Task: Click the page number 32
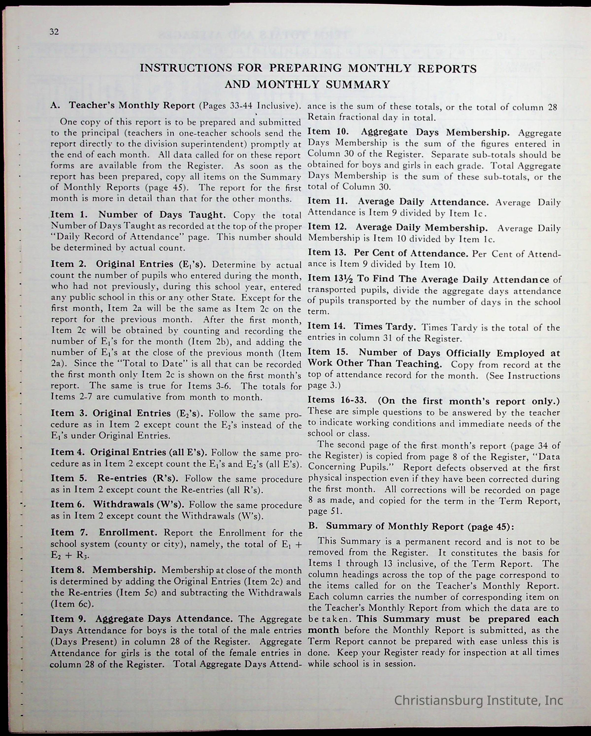pos(54,32)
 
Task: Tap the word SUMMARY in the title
pos(358,84)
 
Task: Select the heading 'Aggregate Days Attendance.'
pos(164,618)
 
